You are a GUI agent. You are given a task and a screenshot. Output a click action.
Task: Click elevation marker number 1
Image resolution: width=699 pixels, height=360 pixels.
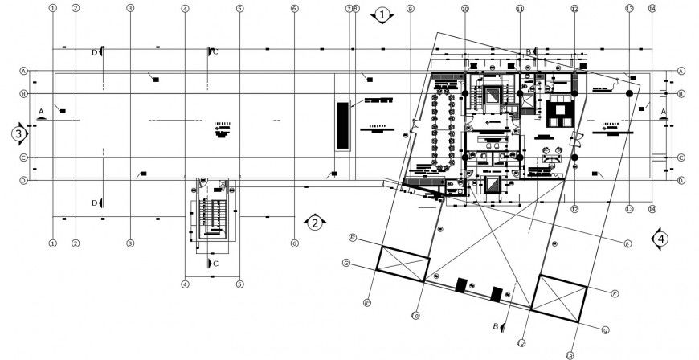383,14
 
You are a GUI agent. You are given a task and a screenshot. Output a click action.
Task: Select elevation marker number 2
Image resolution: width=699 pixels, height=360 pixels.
316,221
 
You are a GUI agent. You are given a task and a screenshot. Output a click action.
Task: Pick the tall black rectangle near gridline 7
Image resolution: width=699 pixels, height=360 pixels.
343,125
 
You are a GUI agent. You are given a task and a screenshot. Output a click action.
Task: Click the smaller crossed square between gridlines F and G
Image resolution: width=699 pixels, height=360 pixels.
403,263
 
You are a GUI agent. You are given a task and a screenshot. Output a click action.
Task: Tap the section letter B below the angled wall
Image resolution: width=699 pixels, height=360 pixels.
496,326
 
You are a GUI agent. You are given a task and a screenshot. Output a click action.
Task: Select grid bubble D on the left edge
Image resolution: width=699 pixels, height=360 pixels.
24,181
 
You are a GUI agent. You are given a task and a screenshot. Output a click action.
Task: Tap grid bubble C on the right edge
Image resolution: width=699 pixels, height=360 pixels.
681,157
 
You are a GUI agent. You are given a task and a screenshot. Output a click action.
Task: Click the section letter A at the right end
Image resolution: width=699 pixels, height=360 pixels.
664,111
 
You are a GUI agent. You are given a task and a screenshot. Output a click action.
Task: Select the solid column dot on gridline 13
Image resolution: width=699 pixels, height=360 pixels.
629,95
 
